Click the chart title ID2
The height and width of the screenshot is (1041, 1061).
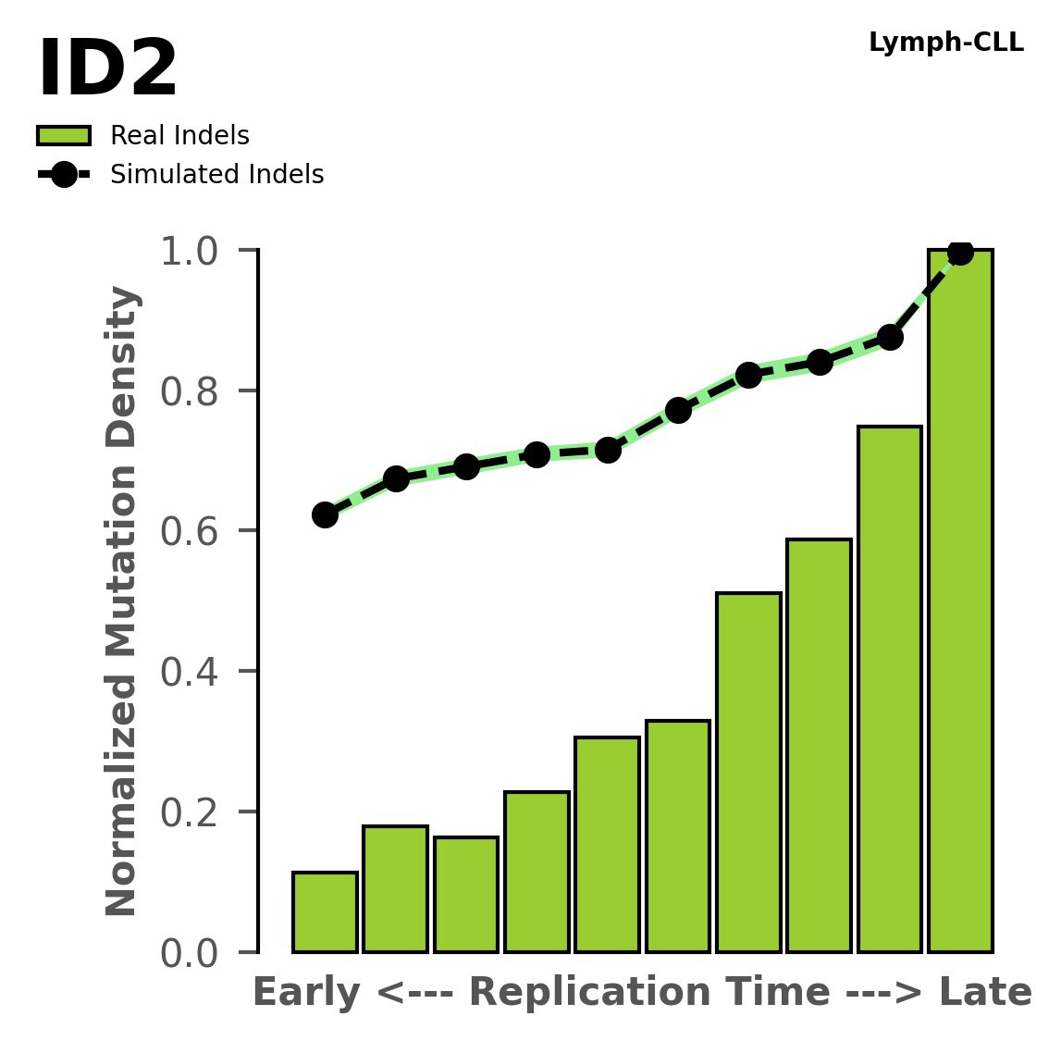pos(107,70)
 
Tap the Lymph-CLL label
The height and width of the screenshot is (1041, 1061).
pos(945,43)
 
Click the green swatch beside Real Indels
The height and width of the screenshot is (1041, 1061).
pos(64,136)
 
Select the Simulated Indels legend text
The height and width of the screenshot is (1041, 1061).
pos(216,175)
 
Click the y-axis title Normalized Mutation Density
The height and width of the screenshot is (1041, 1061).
pos(122,601)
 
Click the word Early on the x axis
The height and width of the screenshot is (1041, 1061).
pos(306,993)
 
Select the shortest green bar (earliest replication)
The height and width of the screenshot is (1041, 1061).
pos(325,912)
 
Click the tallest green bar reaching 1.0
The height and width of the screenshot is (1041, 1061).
pos(960,601)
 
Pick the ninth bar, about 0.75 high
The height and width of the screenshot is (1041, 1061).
pos(890,689)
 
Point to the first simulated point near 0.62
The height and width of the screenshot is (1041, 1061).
pos(325,514)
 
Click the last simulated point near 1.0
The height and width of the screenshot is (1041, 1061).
pos(960,252)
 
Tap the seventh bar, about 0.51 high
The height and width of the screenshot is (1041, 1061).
pos(748,773)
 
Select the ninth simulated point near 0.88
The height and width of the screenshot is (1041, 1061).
pos(890,337)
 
